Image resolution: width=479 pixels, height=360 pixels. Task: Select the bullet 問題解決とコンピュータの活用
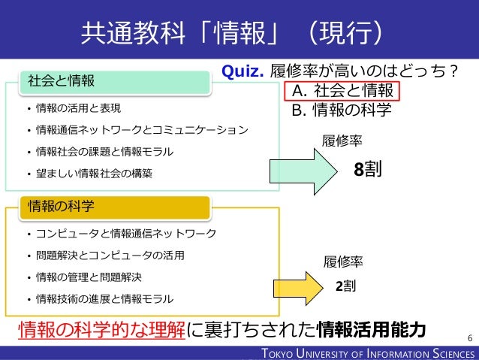tap(110, 255)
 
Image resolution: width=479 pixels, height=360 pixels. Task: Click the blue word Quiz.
tap(241, 71)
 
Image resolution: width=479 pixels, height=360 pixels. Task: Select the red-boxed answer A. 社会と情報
tap(342, 92)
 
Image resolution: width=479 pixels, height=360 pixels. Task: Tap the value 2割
tap(345, 286)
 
